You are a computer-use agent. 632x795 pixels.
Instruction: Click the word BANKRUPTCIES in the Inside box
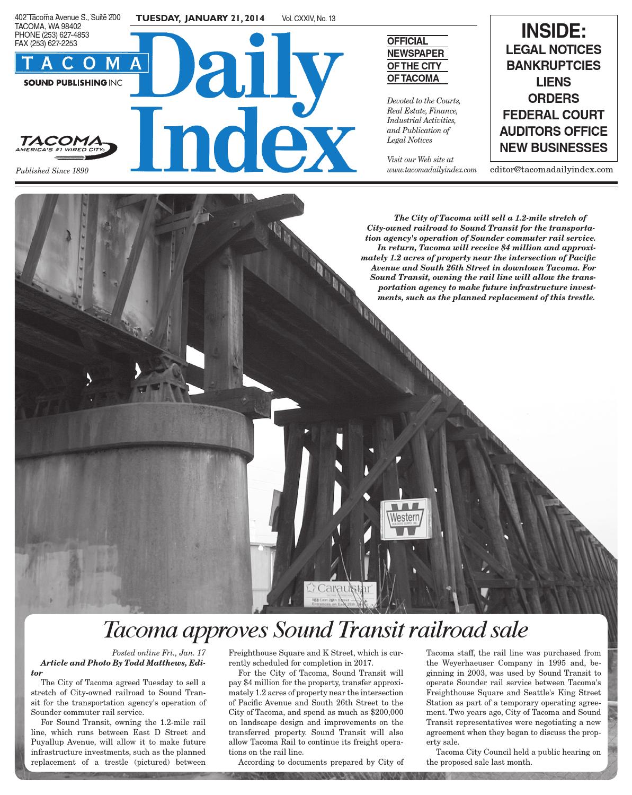[x=554, y=66]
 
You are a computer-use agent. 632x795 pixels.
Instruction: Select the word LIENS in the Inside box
[x=554, y=82]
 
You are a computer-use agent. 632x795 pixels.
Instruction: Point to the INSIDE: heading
[x=554, y=31]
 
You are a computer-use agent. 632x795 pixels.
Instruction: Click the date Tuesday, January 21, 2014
[x=201, y=19]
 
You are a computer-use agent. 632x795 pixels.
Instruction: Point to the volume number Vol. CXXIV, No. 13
[x=309, y=19]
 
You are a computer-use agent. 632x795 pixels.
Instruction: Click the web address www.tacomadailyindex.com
[x=432, y=170]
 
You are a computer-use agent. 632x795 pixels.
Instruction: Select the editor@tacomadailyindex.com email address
[x=551, y=170]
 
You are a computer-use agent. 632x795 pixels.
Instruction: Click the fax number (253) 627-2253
[x=46, y=43]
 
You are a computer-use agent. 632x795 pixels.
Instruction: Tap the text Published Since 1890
[x=52, y=171]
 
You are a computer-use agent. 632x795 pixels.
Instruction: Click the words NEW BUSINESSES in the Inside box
[x=554, y=147]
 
